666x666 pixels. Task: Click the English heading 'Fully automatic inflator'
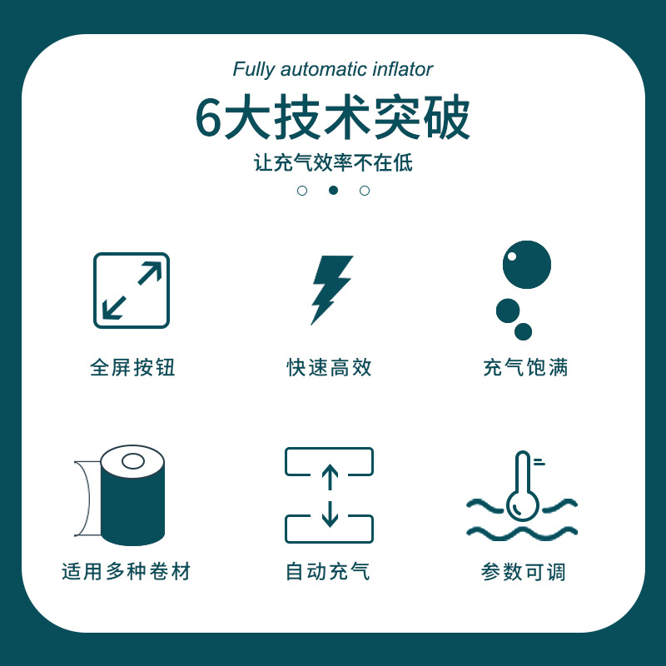tap(332, 70)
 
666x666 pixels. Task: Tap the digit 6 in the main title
tap(209, 118)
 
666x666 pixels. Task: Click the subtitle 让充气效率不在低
tap(333, 162)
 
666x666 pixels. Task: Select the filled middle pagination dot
tap(334, 191)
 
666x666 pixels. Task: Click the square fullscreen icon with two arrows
tap(132, 291)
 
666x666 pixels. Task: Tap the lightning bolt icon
tap(331, 290)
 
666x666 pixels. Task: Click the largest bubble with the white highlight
tap(527, 265)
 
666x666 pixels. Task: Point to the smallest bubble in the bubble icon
tap(523, 331)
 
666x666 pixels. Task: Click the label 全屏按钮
tap(132, 367)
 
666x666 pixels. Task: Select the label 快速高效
tap(329, 367)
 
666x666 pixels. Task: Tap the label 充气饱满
tap(525, 367)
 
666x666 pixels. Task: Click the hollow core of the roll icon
tap(133, 461)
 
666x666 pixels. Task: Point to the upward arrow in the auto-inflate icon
tap(330, 477)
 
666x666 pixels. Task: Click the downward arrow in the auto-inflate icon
tap(330, 514)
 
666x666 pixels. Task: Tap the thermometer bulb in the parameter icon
tap(523, 506)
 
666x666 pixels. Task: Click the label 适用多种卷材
tap(127, 571)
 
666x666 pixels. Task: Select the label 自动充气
tap(328, 571)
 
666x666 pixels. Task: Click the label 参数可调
tap(524, 572)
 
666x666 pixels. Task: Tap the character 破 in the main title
tap(447, 118)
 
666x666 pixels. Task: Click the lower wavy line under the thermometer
tap(522, 533)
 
